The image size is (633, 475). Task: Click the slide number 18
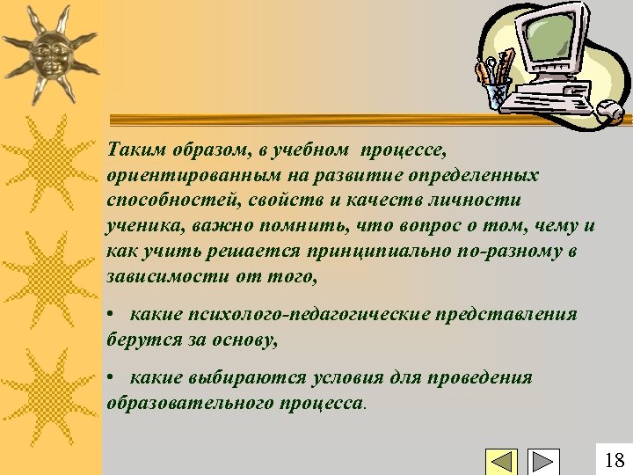615,459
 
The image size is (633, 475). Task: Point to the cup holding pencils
498,91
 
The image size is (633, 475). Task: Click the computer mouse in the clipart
609,111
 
